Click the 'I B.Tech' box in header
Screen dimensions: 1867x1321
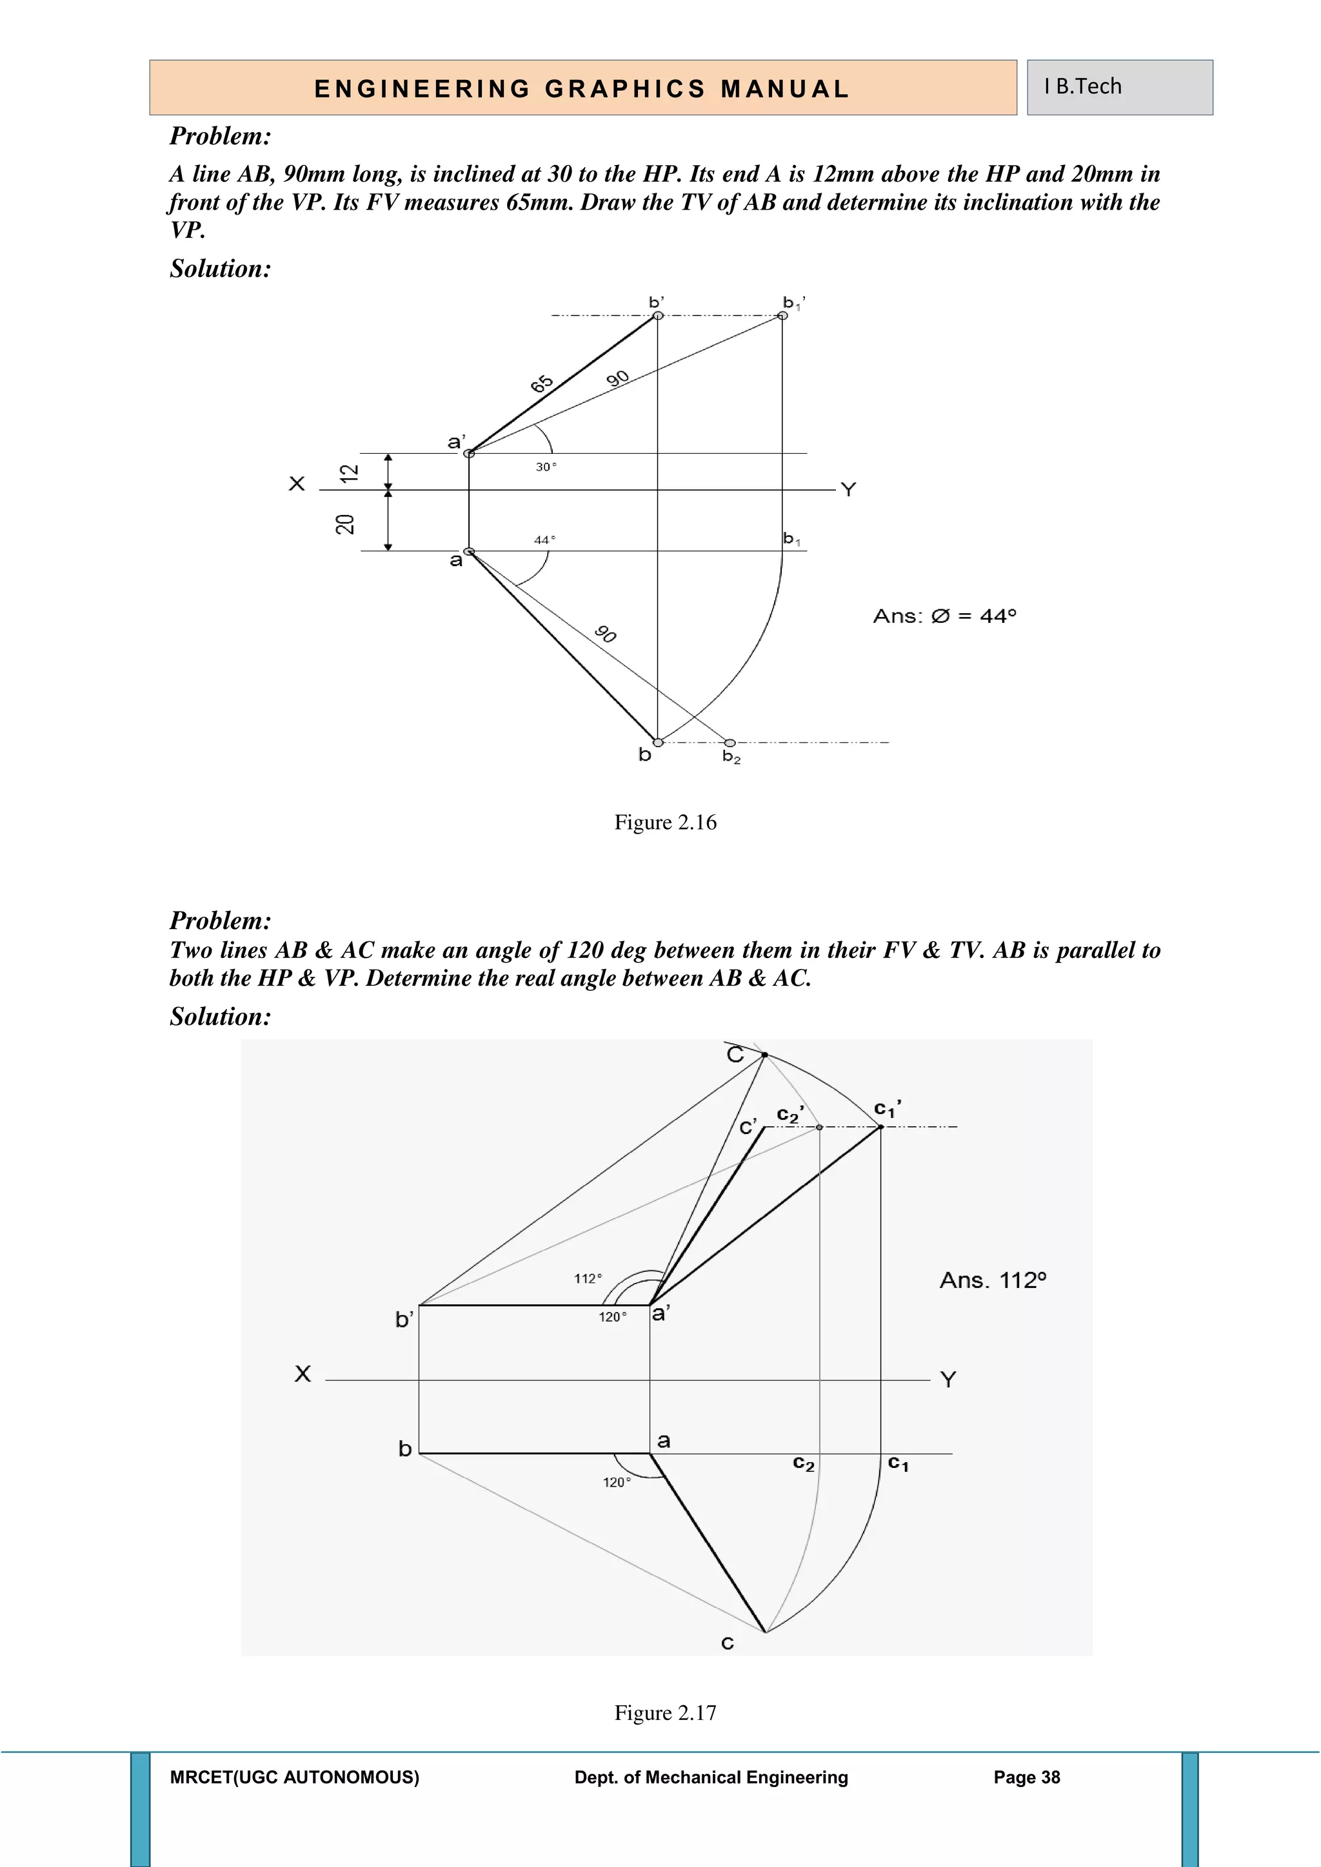(1118, 87)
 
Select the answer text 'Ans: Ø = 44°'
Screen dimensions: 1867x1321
(944, 616)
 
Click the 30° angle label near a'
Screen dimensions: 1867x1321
(546, 467)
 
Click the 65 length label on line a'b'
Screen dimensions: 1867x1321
(542, 384)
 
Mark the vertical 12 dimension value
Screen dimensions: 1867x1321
(348, 473)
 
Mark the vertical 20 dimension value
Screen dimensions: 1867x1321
(346, 525)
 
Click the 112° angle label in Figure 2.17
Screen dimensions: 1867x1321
(588, 1278)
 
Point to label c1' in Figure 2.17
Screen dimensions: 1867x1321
(887, 1108)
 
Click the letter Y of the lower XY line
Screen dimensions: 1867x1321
(948, 1379)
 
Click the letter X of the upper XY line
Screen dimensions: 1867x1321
(297, 484)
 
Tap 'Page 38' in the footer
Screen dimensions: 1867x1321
(1026, 1777)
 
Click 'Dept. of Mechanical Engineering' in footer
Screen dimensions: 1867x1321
(711, 1777)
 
